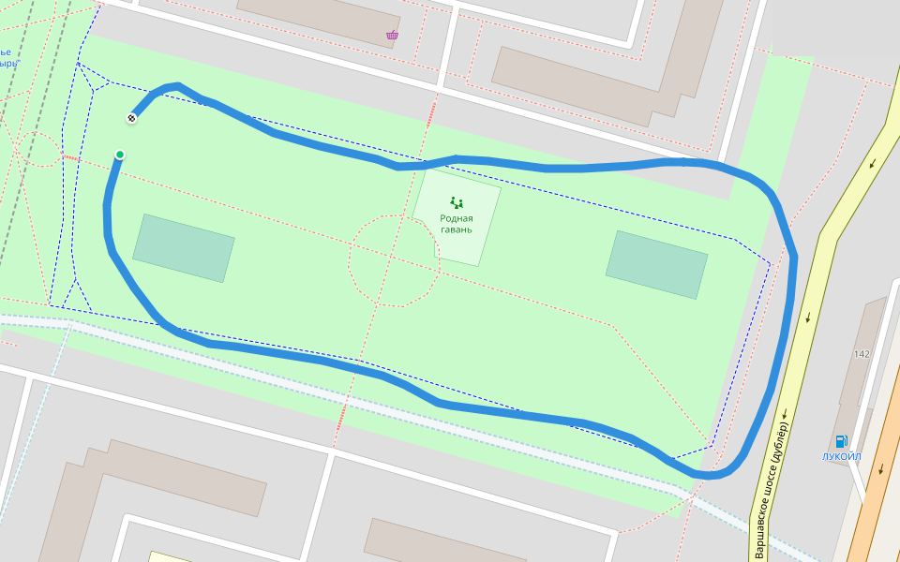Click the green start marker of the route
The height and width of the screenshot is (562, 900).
(x=120, y=155)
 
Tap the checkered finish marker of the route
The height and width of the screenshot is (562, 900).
(x=131, y=118)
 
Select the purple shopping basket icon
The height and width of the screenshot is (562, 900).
(x=392, y=36)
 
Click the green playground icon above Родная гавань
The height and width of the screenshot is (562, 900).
(x=457, y=201)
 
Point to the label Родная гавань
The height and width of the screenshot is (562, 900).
(x=457, y=224)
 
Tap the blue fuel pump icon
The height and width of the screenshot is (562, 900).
(x=841, y=441)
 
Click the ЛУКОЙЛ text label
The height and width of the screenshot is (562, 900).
(x=841, y=456)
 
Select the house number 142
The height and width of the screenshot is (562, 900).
(x=862, y=354)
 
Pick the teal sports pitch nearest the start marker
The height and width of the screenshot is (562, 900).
(x=184, y=247)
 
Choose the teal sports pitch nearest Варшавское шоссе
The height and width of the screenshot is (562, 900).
(x=656, y=264)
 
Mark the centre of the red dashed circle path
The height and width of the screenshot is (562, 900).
(x=394, y=260)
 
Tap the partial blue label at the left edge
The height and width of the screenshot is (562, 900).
(x=7, y=57)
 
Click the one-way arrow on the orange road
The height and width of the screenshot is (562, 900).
(x=880, y=468)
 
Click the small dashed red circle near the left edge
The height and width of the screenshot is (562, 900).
(x=38, y=149)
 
